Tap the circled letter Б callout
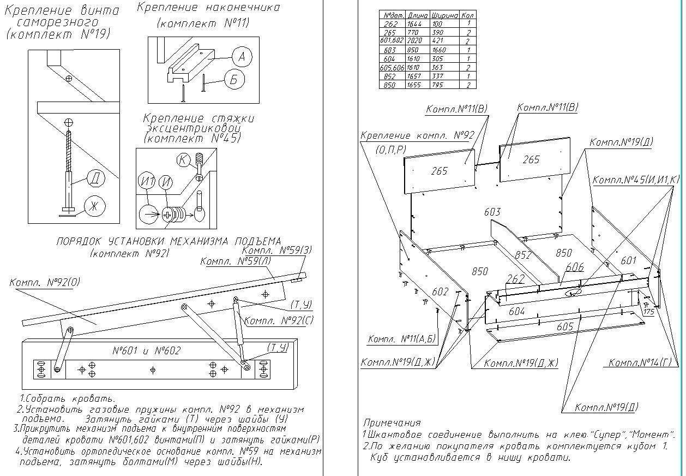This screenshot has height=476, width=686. (233, 81)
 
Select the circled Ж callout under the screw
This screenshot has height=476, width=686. (94, 206)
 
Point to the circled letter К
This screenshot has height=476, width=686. (183, 160)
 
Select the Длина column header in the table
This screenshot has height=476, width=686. (418, 16)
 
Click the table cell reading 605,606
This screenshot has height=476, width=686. (392, 67)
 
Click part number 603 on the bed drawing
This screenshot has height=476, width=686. (492, 212)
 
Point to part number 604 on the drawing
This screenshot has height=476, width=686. (516, 311)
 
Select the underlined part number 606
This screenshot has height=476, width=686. (575, 267)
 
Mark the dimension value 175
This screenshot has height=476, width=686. (648, 312)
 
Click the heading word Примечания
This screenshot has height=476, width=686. (392, 423)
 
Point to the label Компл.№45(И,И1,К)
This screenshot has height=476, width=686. (635, 180)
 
